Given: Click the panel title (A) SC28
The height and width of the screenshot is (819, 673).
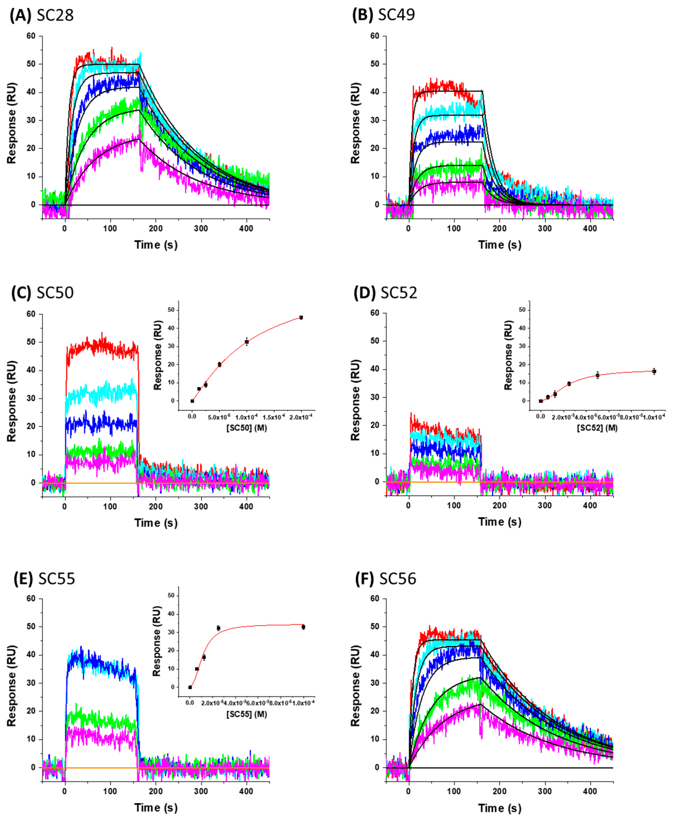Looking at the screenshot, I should point(42,15).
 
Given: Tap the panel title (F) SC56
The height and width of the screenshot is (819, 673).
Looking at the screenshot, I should point(385,578).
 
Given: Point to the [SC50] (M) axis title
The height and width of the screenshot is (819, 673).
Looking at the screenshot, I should point(247,428).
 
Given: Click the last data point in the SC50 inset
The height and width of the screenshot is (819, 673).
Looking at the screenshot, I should point(301,318).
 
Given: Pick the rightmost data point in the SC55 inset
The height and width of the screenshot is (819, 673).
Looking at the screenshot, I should point(303,627).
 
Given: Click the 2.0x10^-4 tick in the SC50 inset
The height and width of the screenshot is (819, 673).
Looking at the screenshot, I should point(301,417).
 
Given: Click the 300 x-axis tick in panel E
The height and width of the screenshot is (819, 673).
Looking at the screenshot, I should point(201,791).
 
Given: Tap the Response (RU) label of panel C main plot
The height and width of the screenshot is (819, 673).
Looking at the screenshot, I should point(12,401).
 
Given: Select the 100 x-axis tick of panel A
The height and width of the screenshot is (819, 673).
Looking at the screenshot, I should point(110,228).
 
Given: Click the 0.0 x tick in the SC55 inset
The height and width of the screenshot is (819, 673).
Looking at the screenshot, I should point(190,703).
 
